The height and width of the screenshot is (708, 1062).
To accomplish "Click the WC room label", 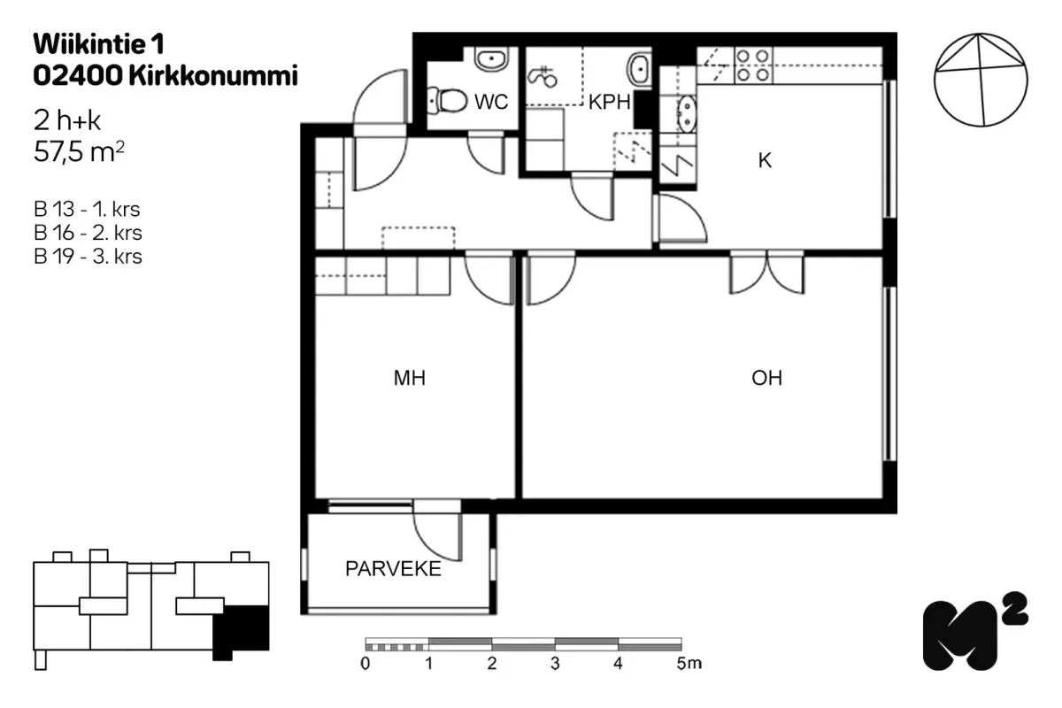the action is pyautogui.click(x=491, y=102).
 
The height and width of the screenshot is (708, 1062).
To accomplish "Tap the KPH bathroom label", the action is pyautogui.click(x=609, y=102).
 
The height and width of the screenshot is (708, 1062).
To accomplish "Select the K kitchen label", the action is pyautogui.click(x=765, y=161).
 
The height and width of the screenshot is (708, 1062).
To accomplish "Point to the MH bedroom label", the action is pyautogui.click(x=410, y=378).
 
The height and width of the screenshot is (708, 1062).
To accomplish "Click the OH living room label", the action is pyautogui.click(x=766, y=378).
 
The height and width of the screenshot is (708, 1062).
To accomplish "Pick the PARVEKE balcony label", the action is pyautogui.click(x=393, y=568).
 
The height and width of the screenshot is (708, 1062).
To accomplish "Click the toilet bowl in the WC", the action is pyautogui.click(x=447, y=101).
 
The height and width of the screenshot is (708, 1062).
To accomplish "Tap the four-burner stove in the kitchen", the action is pyautogui.click(x=753, y=65).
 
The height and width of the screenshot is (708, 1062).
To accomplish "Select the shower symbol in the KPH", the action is pyautogui.click(x=542, y=77).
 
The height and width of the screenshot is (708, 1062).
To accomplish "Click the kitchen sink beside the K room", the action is pyautogui.click(x=686, y=114).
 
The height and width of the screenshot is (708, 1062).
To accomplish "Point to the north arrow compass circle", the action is pyautogui.click(x=981, y=81).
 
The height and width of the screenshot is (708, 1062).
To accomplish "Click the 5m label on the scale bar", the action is pyautogui.click(x=689, y=663).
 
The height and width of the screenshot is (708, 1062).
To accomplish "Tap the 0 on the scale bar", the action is pyautogui.click(x=365, y=664).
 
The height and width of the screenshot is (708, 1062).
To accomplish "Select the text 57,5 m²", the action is pyautogui.click(x=79, y=151).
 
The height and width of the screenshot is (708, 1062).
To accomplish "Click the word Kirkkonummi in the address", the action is pyautogui.click(x=213, y=75).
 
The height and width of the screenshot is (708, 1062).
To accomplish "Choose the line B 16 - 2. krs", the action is pyautogui.click(x=88, y=233).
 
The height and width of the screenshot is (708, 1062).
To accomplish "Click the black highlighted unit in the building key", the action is pyautogui.click(x=242, y=630).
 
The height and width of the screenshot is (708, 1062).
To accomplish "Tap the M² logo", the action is pyautogui.click(x=974, y=632).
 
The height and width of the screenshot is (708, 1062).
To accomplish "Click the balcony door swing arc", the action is pyautogui.click(x=430, y=545).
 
